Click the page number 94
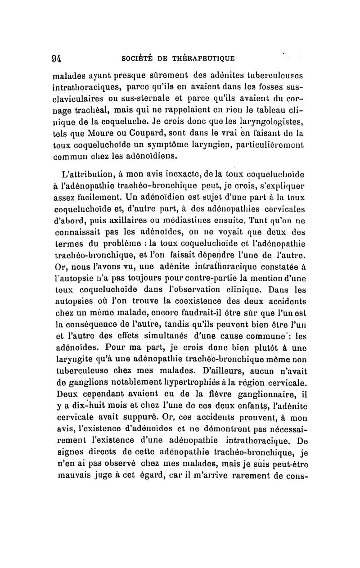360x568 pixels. (56, 58)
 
